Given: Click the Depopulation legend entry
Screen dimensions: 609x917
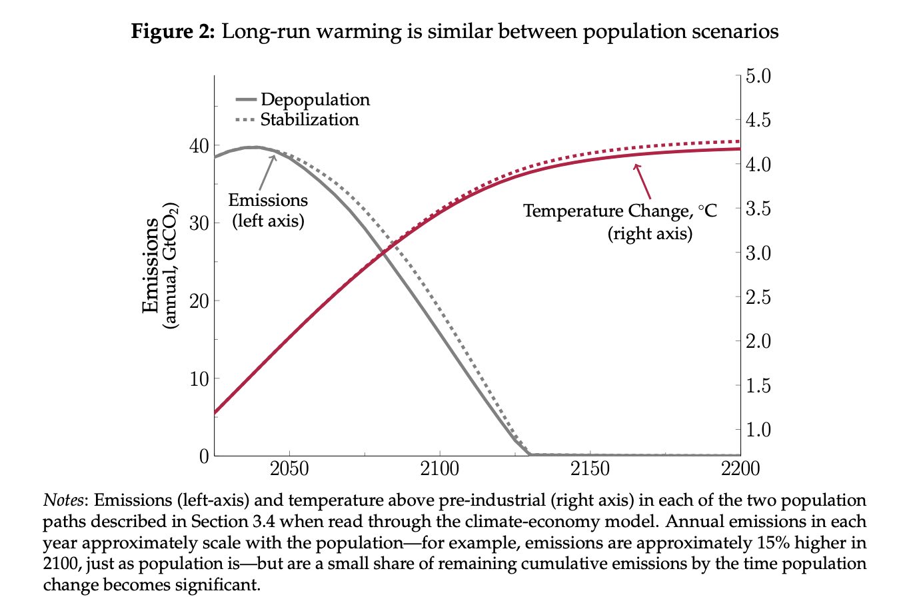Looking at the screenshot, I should click(x=315, y=99).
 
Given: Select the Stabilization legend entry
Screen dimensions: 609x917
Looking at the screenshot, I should click(x=309, y=119).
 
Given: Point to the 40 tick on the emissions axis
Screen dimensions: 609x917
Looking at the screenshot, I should click(x=199, y=145).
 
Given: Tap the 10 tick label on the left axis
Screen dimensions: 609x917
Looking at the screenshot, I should click(x=199, y=378).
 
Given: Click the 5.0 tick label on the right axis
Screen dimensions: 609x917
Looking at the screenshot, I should click(x=758, y=76).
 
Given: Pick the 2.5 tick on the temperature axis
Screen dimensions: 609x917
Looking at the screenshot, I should click(x=758, y=297).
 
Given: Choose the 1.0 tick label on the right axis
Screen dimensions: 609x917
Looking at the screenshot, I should click(x=758, y=429).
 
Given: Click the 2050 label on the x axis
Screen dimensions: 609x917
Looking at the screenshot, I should click(x=289, y=469).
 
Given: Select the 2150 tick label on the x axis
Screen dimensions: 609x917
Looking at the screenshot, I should click(x=590, y=469).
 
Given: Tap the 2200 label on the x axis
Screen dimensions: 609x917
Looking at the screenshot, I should click(x=740, y=469).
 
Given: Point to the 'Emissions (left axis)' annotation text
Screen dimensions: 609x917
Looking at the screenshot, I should click(x=268, y=210).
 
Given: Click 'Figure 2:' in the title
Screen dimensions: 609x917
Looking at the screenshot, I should click(x=173, y=31).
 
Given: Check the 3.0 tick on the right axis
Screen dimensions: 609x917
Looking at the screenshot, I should click(x=758, y=253).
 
